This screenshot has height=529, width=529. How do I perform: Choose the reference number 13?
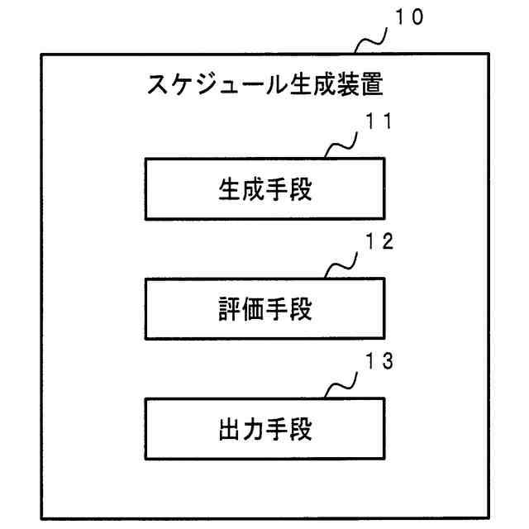[x=378, y=362]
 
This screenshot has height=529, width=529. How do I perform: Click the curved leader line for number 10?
[x=370, y=40]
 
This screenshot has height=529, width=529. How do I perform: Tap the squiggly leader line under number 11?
[x=341, y=145]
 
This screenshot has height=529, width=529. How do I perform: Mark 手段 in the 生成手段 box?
[x=291, y=191]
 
